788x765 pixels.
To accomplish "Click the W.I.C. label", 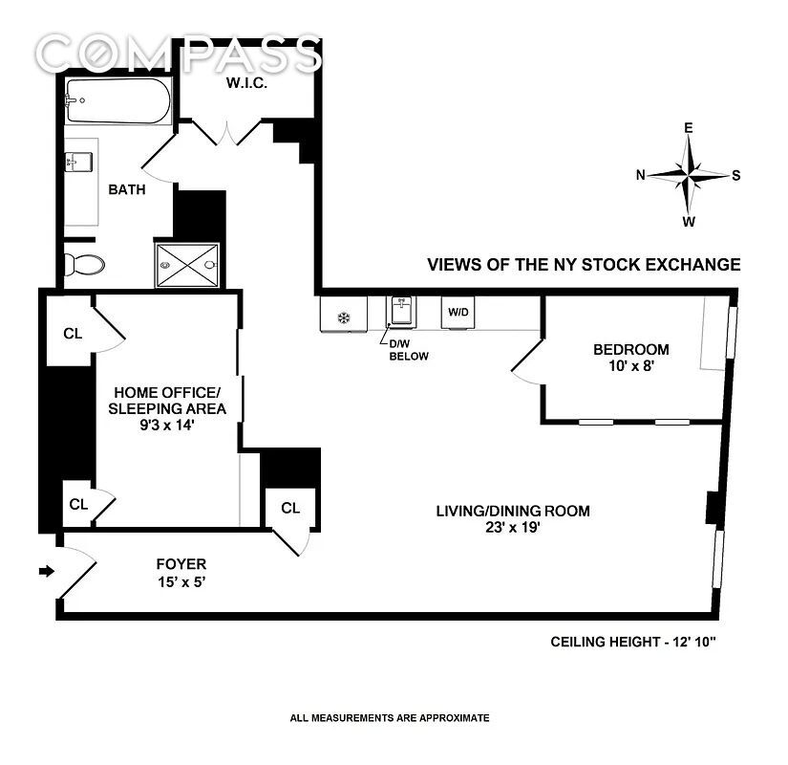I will [x=245, y=83].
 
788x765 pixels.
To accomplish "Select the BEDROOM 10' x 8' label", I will [x=631, y=358].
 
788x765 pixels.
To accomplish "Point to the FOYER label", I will [x=181, y=572].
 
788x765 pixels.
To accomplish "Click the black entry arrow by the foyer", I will [x=45, y=572].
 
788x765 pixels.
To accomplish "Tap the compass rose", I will [x=689, y=174].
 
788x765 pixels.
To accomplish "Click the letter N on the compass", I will [x=641, y=175].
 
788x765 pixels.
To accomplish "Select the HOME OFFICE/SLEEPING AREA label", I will [x=167, y=408].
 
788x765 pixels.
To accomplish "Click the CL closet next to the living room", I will [x=290, y=509].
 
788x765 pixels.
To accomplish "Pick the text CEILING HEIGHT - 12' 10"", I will [x=632, y=641].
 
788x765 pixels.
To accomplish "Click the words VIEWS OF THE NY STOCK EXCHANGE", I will [x=584, y=265].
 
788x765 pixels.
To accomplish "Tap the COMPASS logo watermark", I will [x=178, y=55].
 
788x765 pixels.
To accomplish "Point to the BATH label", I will [x=126, y=189].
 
